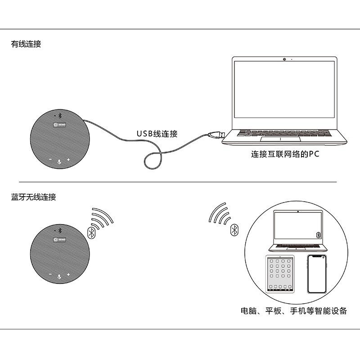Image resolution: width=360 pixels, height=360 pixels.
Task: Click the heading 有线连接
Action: (26, 45)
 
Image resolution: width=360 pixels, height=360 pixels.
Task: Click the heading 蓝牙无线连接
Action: (34, 197)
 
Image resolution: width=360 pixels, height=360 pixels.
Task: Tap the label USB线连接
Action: (157, 134)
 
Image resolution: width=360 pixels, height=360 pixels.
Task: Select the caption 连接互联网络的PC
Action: (285, 154)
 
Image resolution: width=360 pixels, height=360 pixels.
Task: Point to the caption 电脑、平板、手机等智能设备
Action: (293, 311)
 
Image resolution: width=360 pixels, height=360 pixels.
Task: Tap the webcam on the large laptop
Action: (285, 59)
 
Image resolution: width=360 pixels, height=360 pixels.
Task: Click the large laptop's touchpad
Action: (285, 139)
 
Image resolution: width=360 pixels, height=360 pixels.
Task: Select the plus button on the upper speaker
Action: (68, 160)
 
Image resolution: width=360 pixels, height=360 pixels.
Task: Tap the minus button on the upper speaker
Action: (50, 160)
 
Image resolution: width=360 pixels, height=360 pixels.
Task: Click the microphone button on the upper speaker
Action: (59, 160)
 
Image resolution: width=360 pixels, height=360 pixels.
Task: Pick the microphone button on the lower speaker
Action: (59, 274)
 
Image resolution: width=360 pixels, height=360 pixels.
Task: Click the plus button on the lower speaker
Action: (68, 274)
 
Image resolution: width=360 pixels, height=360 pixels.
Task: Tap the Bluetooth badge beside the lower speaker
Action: (91, 232)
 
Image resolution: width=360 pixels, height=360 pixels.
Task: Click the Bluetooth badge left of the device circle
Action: (234, 230)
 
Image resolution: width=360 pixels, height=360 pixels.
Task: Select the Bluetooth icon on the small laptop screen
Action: (319, 235)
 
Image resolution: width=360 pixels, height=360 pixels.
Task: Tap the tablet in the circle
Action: (279, 274)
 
